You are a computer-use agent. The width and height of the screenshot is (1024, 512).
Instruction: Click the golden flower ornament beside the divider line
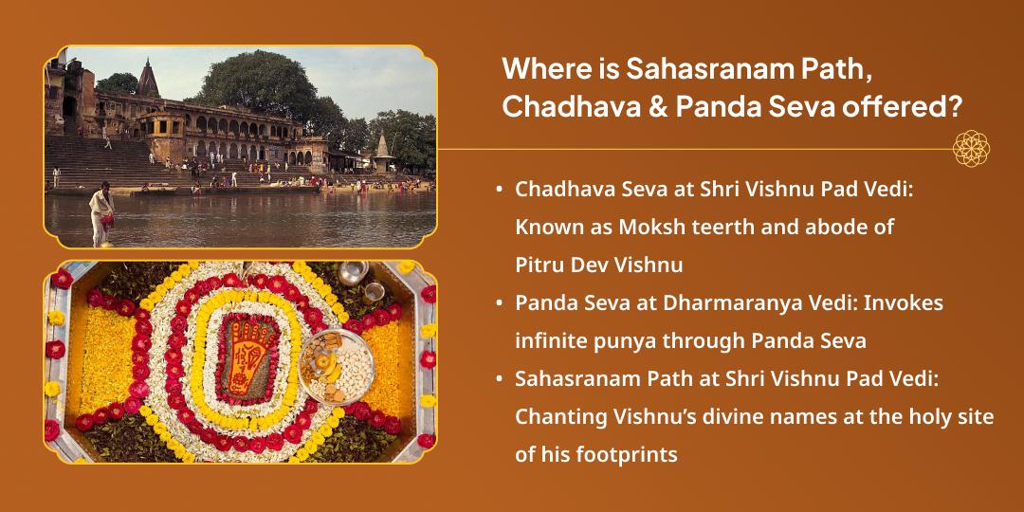[x=971, y=149]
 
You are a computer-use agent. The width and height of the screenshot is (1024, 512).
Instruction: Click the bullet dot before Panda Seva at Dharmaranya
[x=500, y=304]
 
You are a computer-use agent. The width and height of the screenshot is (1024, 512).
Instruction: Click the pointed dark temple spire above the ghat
[x=148, y=79]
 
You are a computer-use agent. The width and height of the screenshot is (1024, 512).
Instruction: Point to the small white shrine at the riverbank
[x=383, y=154]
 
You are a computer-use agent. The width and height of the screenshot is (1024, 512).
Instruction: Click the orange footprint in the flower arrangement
[x=246, y=357]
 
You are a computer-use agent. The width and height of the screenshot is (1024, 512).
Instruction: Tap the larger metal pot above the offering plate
[x=353, y=273]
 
